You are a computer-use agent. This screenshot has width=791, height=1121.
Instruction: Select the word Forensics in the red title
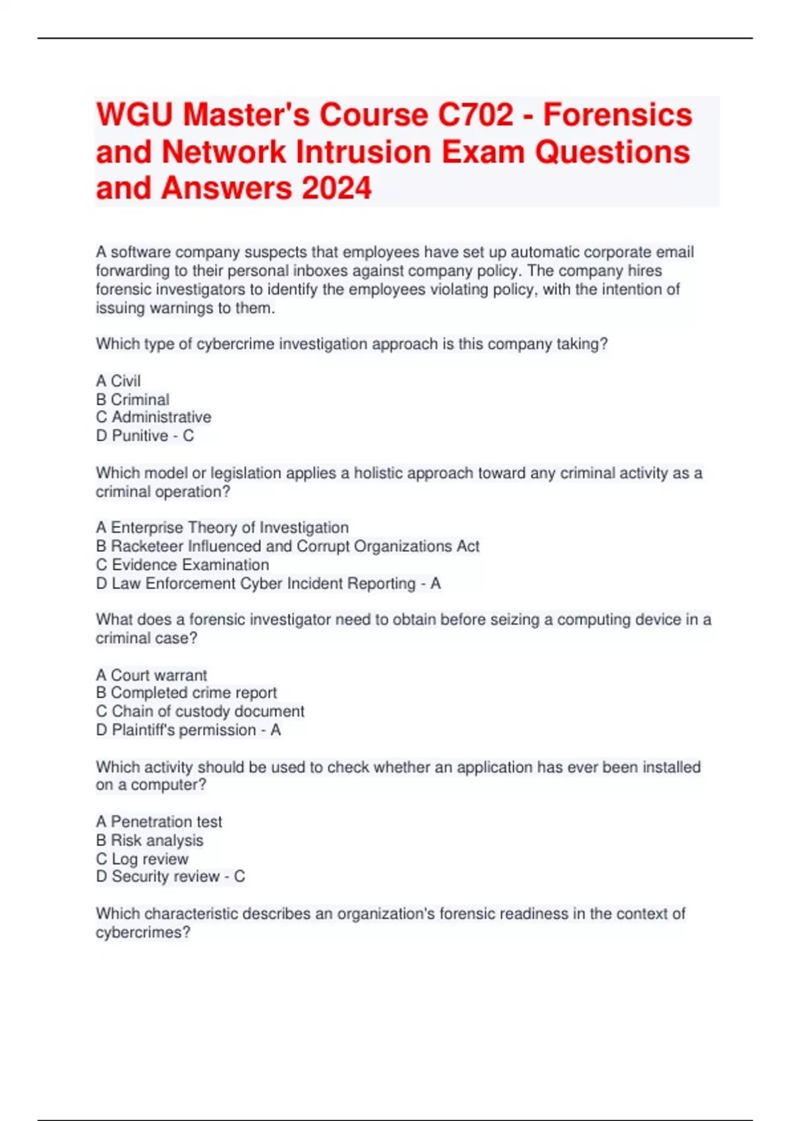(618, 115)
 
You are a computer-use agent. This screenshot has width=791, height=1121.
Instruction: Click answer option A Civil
(119, 381)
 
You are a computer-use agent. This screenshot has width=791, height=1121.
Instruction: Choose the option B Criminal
(132, 400)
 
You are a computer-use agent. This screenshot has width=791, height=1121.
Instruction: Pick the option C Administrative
(154, 417)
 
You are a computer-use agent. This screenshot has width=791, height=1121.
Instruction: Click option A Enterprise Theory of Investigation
(222, 528)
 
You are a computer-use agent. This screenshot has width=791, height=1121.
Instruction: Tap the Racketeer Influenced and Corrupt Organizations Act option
(287, 546)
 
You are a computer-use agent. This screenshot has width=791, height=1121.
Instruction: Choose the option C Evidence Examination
(183, 565)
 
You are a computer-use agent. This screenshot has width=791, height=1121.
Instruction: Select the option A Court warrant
(152, 675)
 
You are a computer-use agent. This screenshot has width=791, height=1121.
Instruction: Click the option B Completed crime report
(187, 693)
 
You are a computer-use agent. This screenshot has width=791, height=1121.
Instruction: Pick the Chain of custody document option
(200, 712)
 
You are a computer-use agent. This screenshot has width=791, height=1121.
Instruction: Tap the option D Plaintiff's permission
(176, 730)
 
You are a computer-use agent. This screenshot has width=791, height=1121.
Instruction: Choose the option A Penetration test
(159, 822)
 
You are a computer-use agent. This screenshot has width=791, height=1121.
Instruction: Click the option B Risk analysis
(150, 840)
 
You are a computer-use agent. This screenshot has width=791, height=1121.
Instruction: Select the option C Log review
(142, 859)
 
